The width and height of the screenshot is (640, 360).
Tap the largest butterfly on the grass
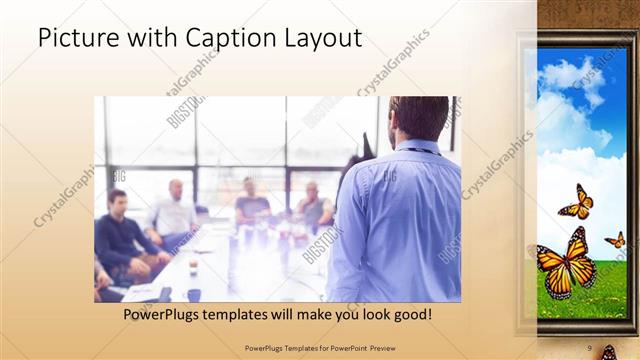(567, 263)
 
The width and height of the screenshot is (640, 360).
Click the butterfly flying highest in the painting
(576, 202)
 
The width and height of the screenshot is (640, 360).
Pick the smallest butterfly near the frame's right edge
(616, 240)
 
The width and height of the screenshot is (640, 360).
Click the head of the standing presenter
(418, 118)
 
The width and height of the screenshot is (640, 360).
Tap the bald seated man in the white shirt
(174, 210)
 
